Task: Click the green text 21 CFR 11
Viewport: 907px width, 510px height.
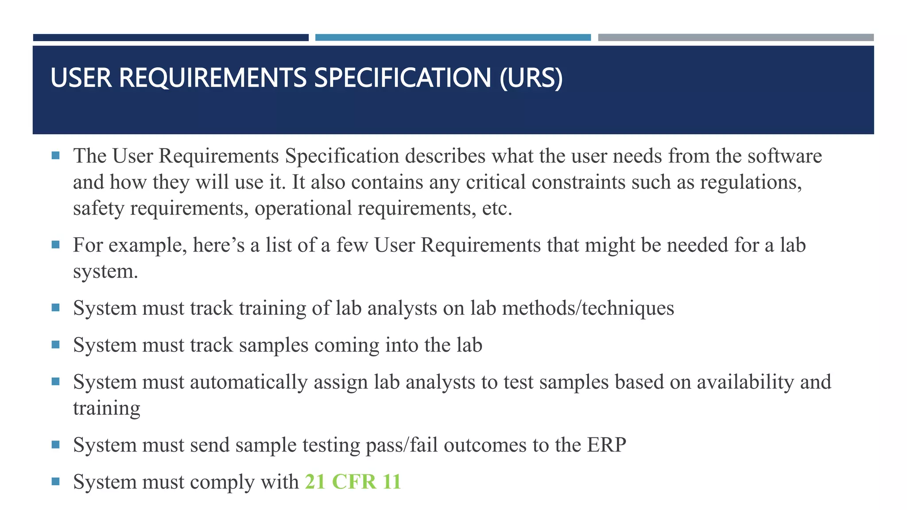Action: coord(353,482)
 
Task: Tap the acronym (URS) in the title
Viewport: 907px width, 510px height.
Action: coord(531,78)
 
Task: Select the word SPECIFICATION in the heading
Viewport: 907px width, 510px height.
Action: coord(403,78)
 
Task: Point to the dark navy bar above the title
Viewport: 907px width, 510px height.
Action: coord(171,38)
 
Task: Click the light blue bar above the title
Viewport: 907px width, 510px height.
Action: coord(453,38)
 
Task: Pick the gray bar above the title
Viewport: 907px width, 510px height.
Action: coord(736,38)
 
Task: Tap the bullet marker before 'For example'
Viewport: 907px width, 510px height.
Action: coord(55,245)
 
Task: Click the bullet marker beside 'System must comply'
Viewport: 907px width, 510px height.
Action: coord(55,481)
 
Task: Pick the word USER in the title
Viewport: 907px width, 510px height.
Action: coord(81,78)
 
